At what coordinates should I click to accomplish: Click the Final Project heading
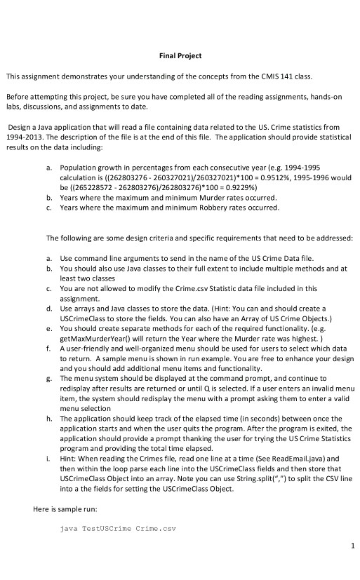180,55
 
